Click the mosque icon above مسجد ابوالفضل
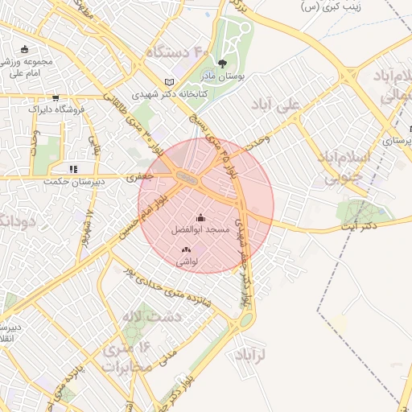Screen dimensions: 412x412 pos(200,217)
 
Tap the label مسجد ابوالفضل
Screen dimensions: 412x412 pos(200,229)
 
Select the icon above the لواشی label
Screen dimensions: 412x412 pos(187,250)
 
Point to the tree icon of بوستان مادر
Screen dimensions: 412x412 pos(222,63)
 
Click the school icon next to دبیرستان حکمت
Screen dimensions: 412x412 pos(72,169)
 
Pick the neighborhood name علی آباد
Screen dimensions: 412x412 pos(286,105)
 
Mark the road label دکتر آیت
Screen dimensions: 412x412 pos(359,227)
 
